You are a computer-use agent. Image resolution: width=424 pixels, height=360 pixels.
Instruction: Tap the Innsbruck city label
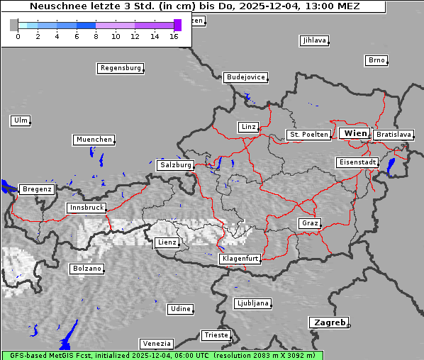coord(86,208)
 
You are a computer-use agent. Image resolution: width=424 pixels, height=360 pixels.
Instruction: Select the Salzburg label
coord(175,165)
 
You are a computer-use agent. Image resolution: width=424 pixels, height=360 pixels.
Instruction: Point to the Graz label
coord(309,223)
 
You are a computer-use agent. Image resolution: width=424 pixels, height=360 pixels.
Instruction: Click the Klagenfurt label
coord(240,259)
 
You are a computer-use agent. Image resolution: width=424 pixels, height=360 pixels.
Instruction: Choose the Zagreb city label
coord(328,322)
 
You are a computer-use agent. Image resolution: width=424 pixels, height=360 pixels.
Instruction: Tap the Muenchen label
coord(93,140)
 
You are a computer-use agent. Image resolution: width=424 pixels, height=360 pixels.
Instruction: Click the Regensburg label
coord(120,69)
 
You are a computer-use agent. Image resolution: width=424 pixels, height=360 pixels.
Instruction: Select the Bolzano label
coord(87,269)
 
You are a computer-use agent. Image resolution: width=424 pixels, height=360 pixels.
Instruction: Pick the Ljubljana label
coord(252,303)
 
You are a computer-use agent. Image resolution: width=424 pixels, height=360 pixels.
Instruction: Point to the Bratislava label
coord(394,135)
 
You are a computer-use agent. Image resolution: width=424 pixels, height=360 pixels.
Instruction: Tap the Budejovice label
coord(245,77)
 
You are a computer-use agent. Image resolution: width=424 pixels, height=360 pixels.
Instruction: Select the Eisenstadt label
coord(357,163)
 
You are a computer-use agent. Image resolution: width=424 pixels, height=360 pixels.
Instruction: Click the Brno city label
coord(376,60)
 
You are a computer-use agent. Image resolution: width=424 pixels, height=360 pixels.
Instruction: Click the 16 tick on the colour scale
coord(174,36)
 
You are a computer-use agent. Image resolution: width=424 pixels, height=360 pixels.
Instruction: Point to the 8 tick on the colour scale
coord(96,36)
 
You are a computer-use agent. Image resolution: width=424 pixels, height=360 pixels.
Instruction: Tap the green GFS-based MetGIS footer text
coord(162,355)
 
